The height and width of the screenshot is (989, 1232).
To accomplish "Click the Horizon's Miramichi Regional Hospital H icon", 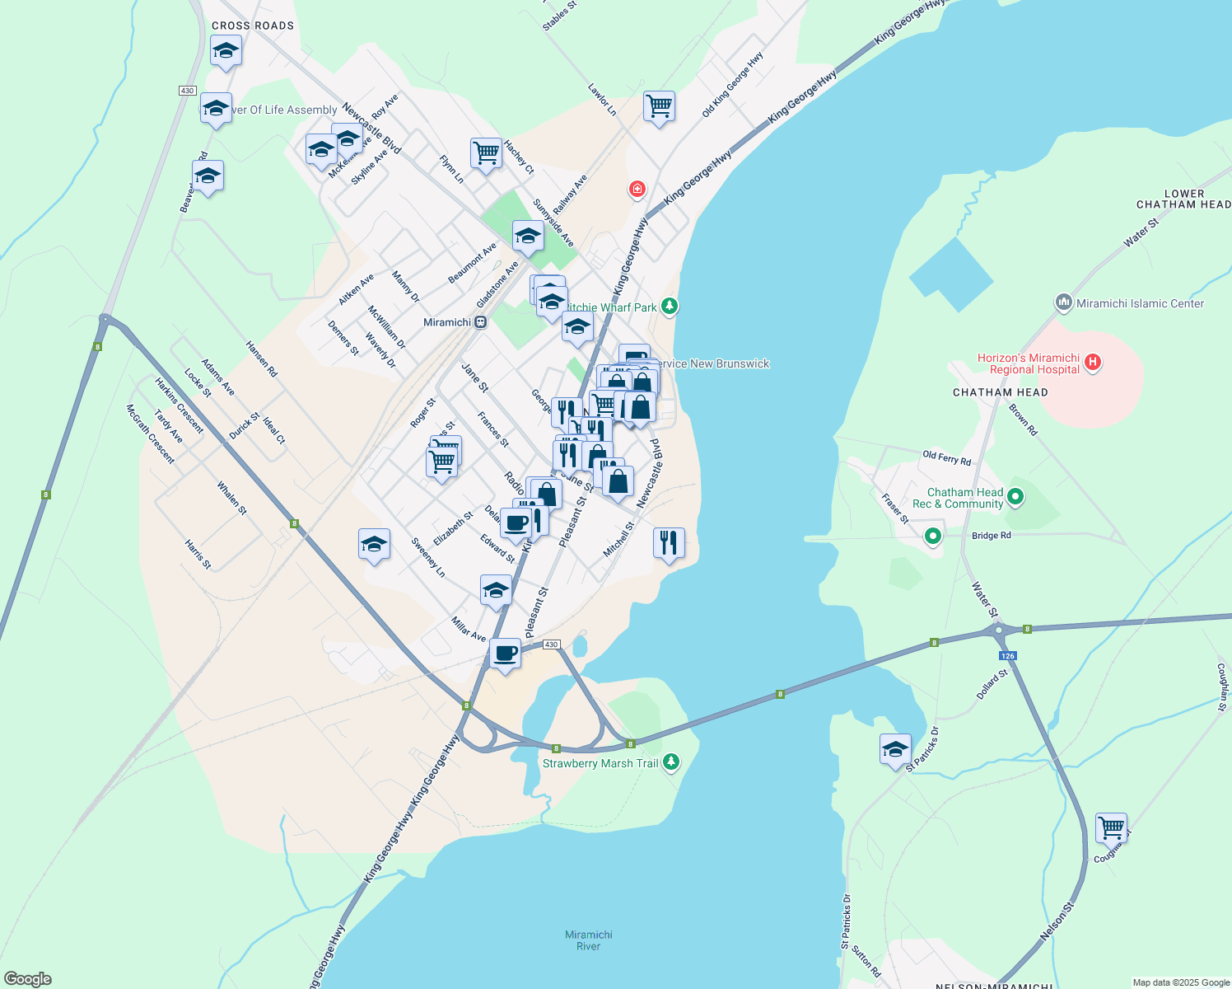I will click(x=1093, y=361).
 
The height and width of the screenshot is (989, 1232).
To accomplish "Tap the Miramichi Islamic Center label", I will click(x=1140, y=303).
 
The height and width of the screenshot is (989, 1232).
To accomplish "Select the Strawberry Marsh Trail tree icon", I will click(x=672, y=762).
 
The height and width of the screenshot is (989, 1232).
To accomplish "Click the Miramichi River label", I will click(x=589, y=940).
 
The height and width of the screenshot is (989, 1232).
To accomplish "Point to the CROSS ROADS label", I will click(x=253, y=26).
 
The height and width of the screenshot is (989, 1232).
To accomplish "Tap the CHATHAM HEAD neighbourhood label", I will click(x=1000, y=392).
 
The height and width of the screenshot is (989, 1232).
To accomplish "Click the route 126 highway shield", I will click(x=1008, y=656).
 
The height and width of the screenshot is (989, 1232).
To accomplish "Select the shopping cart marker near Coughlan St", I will click(x=1111, y=827).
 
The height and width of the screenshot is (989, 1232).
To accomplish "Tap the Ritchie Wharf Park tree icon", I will click(x=670, y=307).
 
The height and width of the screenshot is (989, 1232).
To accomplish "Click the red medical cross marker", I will click(x=637, y=190).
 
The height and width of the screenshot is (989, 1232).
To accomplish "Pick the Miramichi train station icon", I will click(x=480, y=322).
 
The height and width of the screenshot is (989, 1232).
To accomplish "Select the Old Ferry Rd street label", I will click(x=946, y=457).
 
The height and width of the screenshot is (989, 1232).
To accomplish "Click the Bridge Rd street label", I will click(x=991, y=536).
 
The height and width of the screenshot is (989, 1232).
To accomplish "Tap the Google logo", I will click(x=27, y=978).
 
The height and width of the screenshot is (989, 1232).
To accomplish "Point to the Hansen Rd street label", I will click(x=262, y=359).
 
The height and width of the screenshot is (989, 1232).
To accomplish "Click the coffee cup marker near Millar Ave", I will click(x=505, y=654).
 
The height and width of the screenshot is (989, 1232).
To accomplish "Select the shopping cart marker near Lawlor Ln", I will click(x=659, y=105).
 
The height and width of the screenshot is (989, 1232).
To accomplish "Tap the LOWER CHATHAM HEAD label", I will click(x=1183, y=199).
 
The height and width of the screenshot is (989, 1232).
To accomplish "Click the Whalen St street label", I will click(x=231, y=499).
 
